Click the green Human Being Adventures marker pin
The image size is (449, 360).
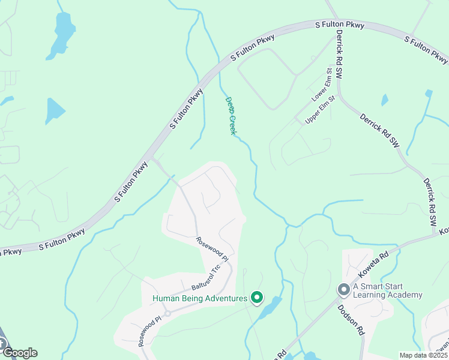coord(257,297)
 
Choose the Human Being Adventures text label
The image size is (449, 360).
coord(200,298)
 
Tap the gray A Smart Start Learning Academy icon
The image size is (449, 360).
coord(343,290)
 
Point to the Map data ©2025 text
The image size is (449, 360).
coord(423,355)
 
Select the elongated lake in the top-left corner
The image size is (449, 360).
coord(61,32)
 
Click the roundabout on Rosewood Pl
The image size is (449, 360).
coord(167,314)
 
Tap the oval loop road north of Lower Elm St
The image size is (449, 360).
coord(267,77)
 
